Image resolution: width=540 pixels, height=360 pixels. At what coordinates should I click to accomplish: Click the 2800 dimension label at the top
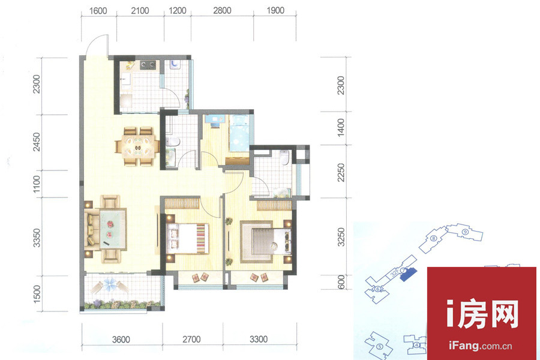click(222, 11)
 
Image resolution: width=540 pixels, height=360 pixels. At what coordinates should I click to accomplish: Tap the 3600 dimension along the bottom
click(121, 340)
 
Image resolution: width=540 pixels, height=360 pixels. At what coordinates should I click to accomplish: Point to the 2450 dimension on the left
click(36, 142)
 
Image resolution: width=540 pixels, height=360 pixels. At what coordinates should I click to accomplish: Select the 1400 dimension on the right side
click(340, 127)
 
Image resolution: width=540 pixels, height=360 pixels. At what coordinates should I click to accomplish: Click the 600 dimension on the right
click(341, 282)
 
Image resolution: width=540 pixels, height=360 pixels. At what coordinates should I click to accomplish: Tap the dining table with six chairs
click(137, 146)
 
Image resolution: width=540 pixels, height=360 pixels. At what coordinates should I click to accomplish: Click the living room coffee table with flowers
click(113, 229)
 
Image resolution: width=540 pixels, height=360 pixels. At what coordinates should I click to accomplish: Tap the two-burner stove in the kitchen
click(148, 64)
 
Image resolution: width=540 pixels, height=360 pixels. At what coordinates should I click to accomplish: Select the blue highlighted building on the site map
click(409, 274)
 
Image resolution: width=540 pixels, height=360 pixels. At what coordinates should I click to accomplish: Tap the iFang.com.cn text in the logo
click(481, 346)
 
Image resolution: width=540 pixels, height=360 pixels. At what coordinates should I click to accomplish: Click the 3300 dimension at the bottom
click(259, 340)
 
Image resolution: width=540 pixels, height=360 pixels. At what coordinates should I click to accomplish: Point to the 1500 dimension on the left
click(36, 294)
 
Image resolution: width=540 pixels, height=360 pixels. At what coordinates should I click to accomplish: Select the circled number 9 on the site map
click(465, 232)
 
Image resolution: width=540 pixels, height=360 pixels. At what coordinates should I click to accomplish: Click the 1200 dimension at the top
click(178, 11)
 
